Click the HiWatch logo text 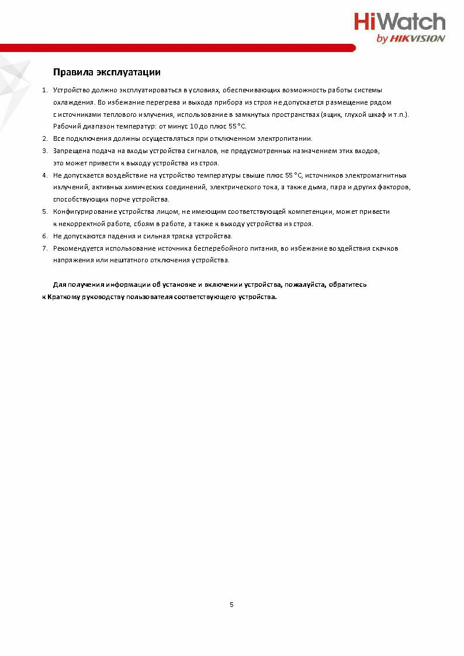pyautogui.click(x=399, y=22)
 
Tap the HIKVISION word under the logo pyautogui.click(x=417, y=39)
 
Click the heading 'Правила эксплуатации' pyautogui.click(x=106, y=72)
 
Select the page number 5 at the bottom pyautogui.click(x=231, y=605)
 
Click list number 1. pyautogui.click(x=44, y=90)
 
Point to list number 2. pyautogui.click(x=44, y=138)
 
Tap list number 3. pyautogui.click(x=44, y=151)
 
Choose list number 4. pyautogui.click(x=44, y=175)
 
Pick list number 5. pyautogui.click(x=44, y=211)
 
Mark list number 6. pyautogui.click(x=44, y=236)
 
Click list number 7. pyautogui.click(x=44, y=248)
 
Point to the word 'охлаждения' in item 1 pyautogui.click(x=70, y=102)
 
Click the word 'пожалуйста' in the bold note pyautogui.click(x=304, y=284)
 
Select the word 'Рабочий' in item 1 pyautogui.click(x=65, y=126)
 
